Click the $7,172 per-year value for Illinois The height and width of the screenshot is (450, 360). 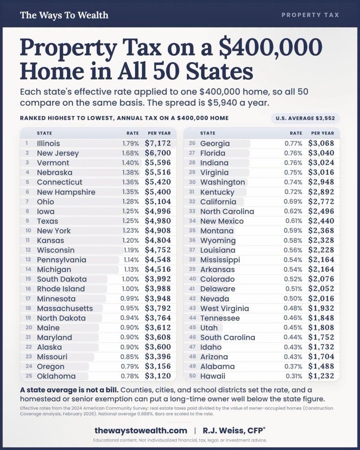[158, 143]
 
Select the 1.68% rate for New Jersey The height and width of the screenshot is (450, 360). [130, 153]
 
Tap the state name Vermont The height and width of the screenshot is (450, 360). [53, 163]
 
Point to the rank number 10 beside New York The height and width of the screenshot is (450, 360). [28, 230]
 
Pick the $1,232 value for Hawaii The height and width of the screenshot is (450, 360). [321, 376]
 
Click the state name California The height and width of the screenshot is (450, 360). [218, 202]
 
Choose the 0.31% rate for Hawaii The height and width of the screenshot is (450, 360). [294, 376]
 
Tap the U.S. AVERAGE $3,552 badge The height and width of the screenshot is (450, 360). [305, 118]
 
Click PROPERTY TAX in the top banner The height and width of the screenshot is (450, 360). [310, 15]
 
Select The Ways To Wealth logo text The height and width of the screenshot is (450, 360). [64, 15]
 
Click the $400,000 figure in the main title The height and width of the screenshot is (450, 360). [270, 47]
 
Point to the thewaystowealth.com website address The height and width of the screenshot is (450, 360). [141, 431]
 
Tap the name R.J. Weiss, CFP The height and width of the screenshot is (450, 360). [234, 431]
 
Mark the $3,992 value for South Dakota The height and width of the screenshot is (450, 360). [158, 279]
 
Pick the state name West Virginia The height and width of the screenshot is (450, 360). [225, 308]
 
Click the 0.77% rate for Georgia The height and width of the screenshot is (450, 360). [293, 143]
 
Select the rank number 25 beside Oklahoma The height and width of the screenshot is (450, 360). [29, 376]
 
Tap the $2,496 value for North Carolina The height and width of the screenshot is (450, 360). [321, 211]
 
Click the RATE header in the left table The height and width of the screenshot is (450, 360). [133, 133]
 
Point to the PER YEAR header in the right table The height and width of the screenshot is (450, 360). [323, 133]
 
